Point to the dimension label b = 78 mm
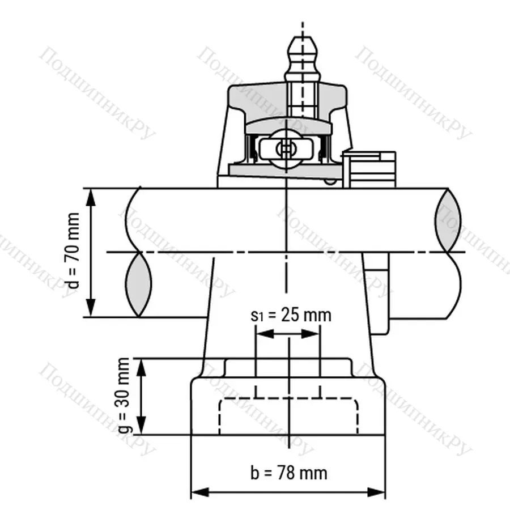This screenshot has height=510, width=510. coord(288,472)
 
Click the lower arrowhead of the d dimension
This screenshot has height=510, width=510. coord(91,310)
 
